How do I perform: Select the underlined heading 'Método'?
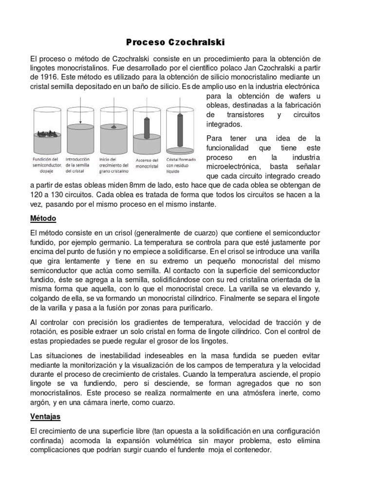pos(43,218)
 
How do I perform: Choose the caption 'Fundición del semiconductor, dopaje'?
pos(46,165)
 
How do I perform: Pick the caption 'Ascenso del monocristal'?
pos(146,162)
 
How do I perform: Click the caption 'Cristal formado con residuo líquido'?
pos(181,165)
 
